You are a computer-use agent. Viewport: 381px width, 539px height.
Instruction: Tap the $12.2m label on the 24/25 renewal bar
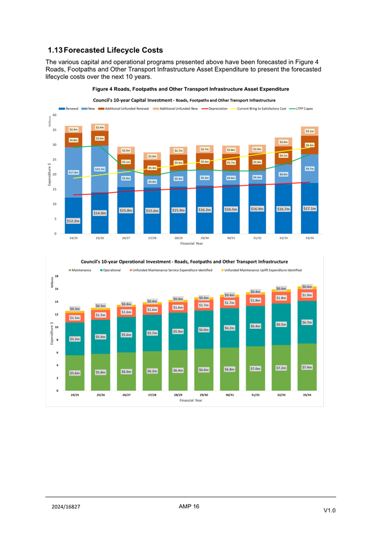click(x=73, y=221)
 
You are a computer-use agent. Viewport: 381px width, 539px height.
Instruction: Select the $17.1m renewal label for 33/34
click(x=309, y=208)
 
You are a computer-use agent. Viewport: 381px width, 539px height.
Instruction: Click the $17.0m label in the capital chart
click(x=73, y=172)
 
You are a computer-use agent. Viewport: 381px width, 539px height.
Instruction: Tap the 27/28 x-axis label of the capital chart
click(x=152, y=238)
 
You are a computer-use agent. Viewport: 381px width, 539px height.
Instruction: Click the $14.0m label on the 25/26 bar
click(x=100, y=213)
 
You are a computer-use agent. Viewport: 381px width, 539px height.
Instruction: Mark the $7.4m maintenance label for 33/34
click(x=307, y=367)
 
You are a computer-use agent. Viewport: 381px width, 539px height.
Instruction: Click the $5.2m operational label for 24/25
click(x=74, y=339)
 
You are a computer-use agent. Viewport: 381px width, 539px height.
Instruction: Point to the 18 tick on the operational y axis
click(x=56, y=276)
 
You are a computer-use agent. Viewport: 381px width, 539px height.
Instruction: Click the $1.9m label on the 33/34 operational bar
click(x=307, y=295)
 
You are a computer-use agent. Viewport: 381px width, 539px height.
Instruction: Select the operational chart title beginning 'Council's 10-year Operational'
click(x=185, y=262)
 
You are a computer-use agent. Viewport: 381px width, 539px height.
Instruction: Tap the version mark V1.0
click(x=330, y=511)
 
